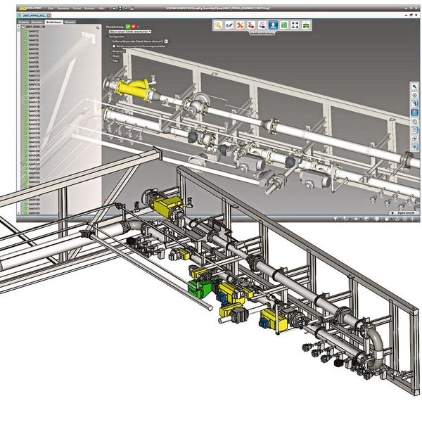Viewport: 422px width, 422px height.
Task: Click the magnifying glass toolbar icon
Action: point(219,25)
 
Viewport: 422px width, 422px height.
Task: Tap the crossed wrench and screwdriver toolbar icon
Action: point(241,25)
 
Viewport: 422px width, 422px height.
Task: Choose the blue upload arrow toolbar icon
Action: point(272,25)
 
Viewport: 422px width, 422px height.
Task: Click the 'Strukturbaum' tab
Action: point(54,23)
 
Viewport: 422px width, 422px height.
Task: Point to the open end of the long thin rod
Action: point(210,307)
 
